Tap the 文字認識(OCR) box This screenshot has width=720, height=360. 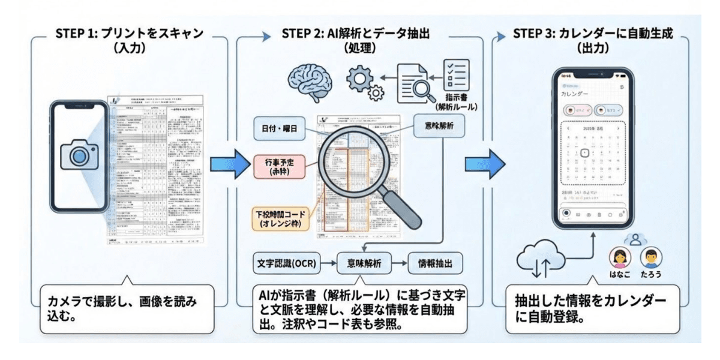[x=285, y=263]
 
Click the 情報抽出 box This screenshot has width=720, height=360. [x=436, y=263]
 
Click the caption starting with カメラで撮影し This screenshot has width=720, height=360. [x=126, y=307]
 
